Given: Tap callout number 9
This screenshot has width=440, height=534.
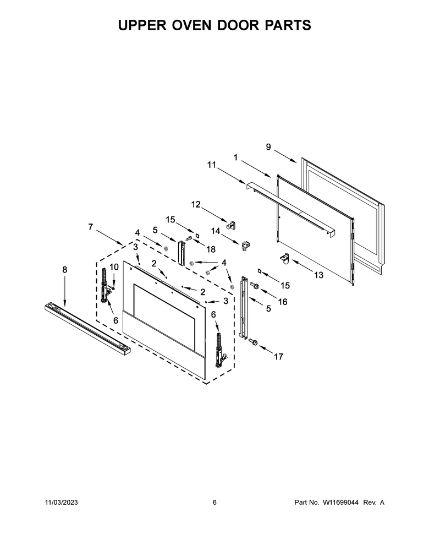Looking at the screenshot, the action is (x=268, y=147).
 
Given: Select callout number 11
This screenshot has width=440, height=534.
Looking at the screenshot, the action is (x=212, y=165).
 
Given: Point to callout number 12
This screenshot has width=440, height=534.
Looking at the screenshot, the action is (x=196, y=204).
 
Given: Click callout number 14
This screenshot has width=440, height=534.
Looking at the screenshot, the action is (x=216, y=231).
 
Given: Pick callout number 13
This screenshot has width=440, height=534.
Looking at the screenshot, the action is (x=318, y=275).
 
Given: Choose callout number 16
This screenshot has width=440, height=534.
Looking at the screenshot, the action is (x=283, y=302).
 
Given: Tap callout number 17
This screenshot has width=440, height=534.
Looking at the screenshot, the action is (x=278, y=357).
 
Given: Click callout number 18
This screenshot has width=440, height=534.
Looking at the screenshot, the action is (x=211, y=249).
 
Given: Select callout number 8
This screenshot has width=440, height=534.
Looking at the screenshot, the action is (x=65, y=270).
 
